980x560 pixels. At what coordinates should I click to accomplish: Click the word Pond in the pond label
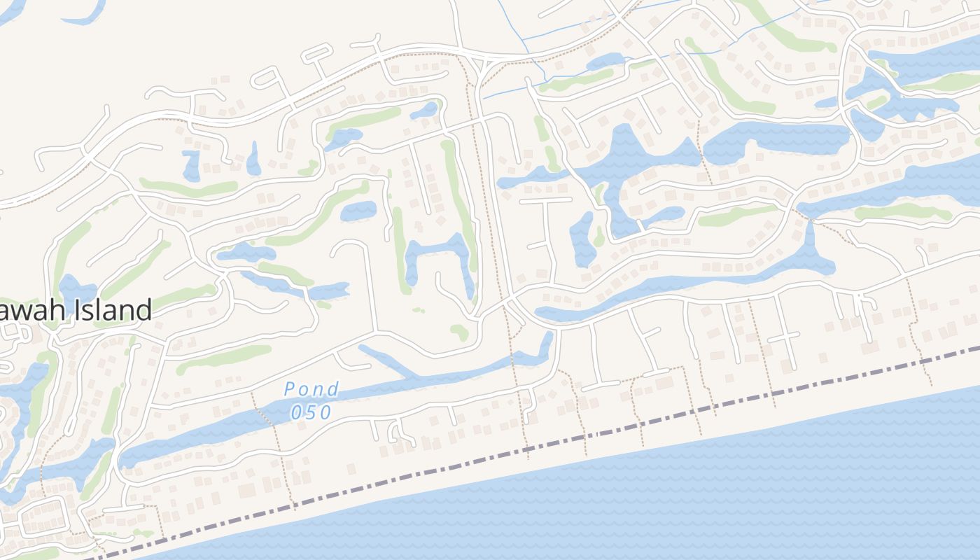311,390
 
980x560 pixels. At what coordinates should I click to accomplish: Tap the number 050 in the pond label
311,412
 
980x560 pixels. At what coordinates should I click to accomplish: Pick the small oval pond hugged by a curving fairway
358,210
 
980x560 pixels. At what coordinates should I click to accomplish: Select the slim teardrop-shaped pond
253,159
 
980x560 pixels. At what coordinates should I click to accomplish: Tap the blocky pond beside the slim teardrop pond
190,165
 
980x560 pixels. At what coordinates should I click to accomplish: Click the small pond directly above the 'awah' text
76,288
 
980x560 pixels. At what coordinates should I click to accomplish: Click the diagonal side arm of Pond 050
385,360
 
